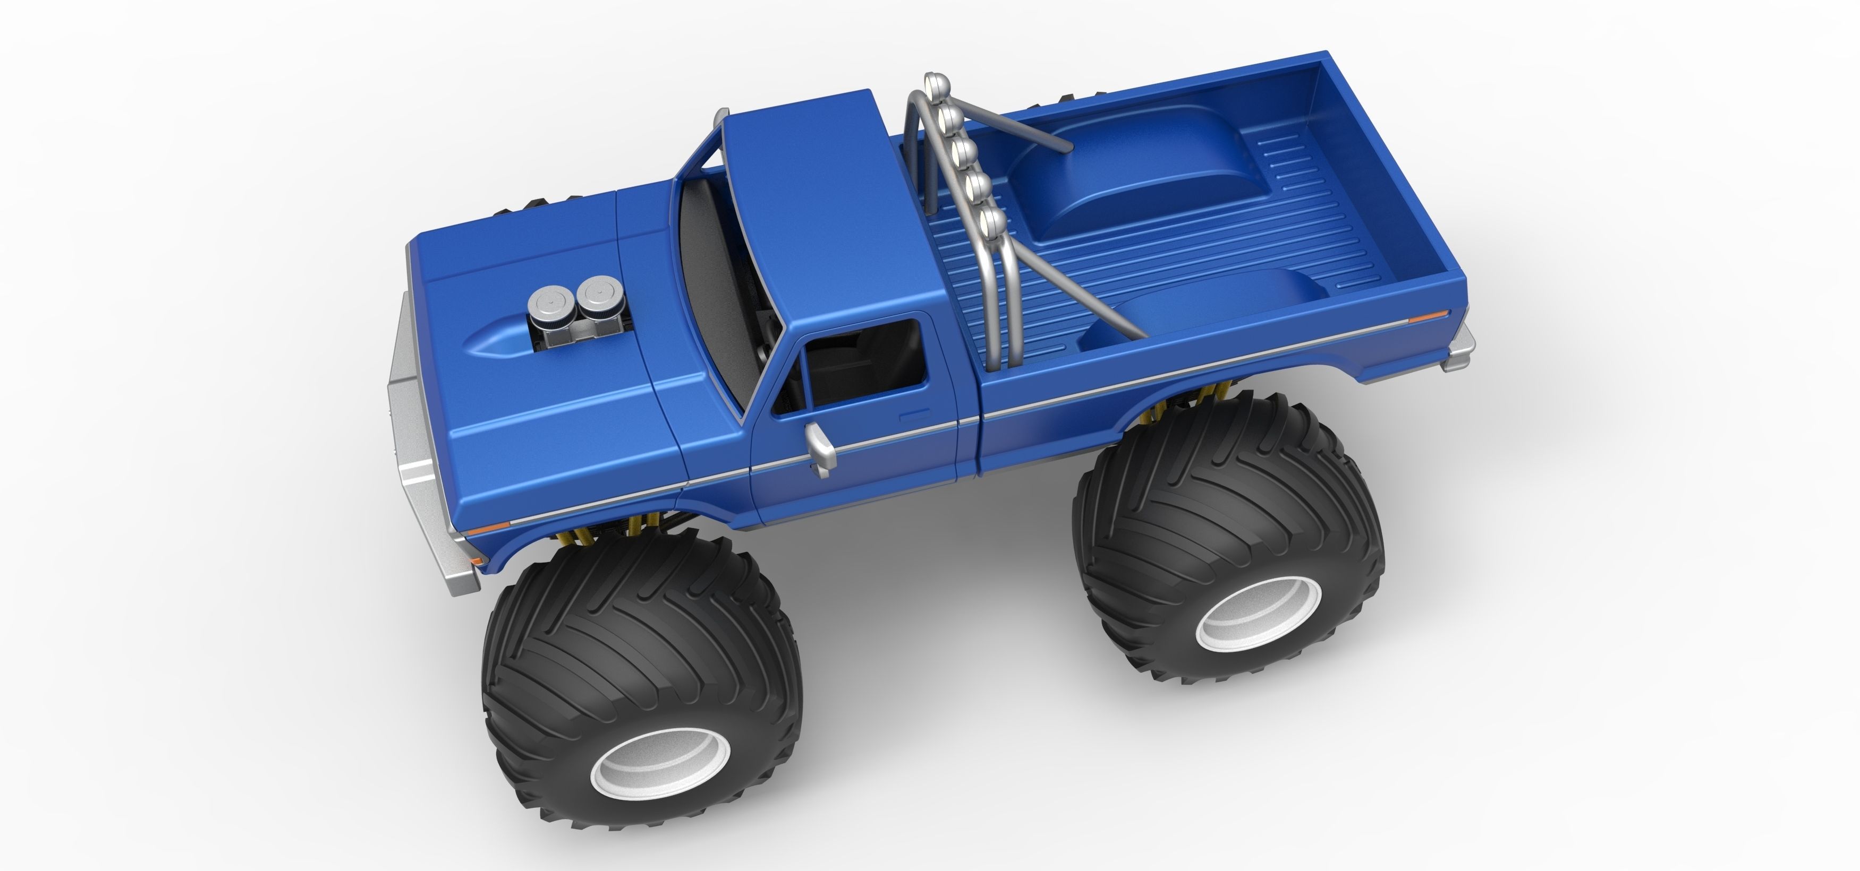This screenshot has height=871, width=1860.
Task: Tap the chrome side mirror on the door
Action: pos(821,452)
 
